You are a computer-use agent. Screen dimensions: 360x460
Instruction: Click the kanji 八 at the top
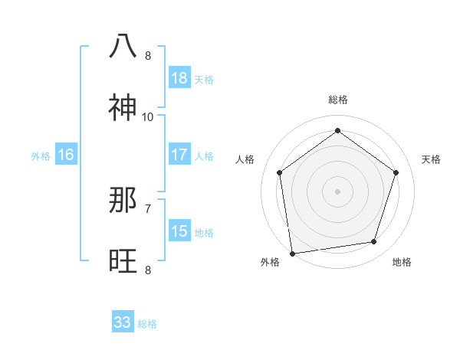point(123,46)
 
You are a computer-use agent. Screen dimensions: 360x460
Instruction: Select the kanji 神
point(123,108)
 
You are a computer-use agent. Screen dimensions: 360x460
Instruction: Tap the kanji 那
point(123,200)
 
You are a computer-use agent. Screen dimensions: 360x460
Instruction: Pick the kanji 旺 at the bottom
point(123,261)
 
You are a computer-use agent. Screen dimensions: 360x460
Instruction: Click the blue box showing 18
point(179,78)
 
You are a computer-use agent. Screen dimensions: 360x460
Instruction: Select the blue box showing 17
point(179,155)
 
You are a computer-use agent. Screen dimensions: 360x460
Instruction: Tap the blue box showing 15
point(179,231)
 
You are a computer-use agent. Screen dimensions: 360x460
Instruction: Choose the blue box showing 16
point(66,155)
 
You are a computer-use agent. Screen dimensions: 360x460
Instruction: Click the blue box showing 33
point(123,322)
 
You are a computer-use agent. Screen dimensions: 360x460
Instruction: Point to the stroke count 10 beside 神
point(148,116)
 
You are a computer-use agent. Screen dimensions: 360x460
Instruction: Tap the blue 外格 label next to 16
point(41,155)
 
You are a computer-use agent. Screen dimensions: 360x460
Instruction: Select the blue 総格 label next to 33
point(147,324)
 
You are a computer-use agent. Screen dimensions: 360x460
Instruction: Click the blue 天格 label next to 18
point(204,79)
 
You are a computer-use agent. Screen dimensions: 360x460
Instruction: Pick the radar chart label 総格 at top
point(338,100)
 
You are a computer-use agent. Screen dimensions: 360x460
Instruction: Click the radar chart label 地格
point(402,262)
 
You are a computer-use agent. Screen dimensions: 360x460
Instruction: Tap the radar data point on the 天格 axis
point(396,172)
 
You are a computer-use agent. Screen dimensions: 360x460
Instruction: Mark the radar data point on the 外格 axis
point(292,253)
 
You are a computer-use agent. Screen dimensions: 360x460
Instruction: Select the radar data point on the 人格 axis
point(280,172)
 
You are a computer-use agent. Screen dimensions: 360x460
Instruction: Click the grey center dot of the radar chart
point(338,191)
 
